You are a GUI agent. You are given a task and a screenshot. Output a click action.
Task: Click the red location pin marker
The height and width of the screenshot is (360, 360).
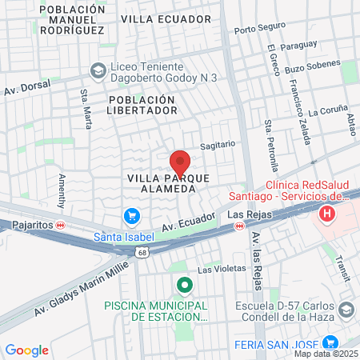(x=180, y=162)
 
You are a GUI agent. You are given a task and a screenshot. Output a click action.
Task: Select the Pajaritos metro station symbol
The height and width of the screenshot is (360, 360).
(x=71, y=226)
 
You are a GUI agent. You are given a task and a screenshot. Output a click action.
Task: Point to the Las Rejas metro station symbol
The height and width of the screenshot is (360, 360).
(x=238, y=226)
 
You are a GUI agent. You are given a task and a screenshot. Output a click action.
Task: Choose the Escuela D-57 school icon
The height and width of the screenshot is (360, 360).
(x=346, y=310)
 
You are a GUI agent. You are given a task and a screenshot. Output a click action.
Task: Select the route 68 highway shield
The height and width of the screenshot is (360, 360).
(x=142, y=253)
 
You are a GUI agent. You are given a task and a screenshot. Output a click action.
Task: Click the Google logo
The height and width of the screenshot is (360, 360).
(x=26, y=350)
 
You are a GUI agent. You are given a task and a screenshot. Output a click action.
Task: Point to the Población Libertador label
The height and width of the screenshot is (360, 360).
(x=142, y=104)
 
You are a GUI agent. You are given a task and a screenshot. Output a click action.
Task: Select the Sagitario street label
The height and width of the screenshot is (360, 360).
(x=218, y=145)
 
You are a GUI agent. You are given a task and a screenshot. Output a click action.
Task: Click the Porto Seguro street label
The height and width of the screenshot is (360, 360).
(x=259, y=30)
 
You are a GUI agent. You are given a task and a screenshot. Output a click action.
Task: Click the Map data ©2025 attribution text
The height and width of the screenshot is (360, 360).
(x=326, y=353)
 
